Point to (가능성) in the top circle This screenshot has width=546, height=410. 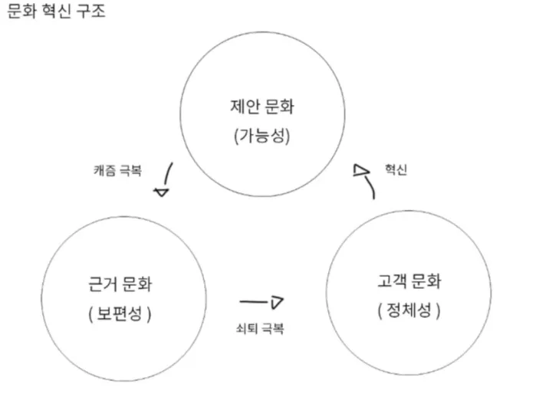(x=263, y=137)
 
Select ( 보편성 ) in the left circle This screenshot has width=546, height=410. (x=121, y=314)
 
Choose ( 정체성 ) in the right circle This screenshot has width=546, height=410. (x=410, y=311)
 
